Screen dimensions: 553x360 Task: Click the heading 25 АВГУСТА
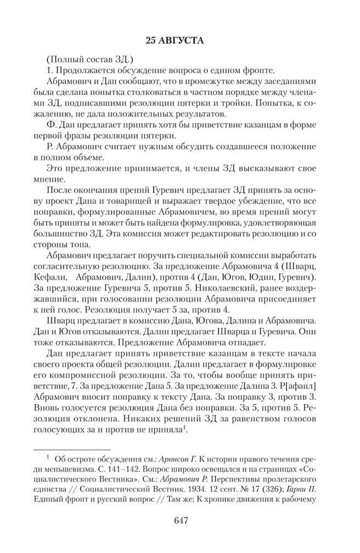[x=180, y=41]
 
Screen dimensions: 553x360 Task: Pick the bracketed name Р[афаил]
[x=305, y=381]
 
